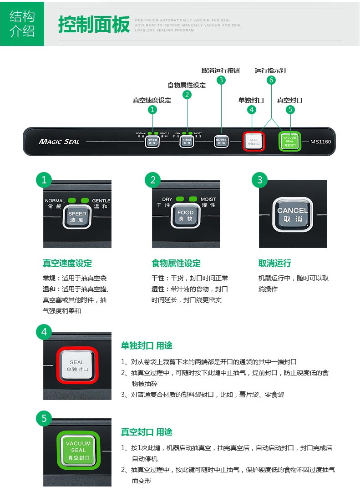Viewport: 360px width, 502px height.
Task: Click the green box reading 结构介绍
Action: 22,24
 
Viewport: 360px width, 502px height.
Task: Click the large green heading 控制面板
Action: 94,25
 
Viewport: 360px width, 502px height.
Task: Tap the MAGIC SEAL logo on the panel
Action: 59,142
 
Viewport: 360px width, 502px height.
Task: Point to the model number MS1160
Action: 320,142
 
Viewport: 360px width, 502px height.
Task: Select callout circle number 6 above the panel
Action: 271,80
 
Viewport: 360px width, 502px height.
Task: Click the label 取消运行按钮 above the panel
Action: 221,71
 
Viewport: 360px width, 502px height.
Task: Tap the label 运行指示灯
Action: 271,71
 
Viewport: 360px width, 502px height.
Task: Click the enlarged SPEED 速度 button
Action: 77,216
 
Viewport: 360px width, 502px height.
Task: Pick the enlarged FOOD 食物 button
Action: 185,216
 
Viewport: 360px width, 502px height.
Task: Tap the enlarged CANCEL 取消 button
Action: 293,214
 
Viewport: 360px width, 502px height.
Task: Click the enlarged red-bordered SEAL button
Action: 77,365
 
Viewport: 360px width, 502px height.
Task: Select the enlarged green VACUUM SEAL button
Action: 78,450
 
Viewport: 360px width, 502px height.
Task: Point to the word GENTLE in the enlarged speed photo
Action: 101,201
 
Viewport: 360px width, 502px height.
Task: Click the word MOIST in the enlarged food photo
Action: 208,199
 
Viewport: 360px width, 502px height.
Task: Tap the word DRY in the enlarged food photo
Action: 167,199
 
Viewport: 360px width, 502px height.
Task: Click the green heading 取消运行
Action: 274,263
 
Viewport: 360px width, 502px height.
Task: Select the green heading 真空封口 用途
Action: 147,432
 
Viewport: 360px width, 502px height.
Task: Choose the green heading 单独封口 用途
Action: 147,345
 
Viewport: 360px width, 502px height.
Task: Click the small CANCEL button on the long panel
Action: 221,141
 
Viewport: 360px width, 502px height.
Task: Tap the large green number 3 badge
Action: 259,180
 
